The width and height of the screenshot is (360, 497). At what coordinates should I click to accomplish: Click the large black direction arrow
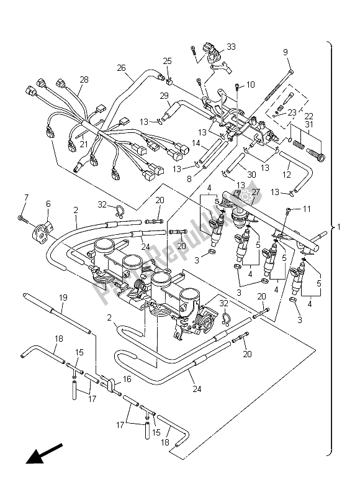click(x=44, y=453)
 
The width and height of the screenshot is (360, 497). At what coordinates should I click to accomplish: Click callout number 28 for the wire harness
click(x=83, y=80)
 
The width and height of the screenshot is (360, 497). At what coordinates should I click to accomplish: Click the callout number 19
click(x=63, y=298)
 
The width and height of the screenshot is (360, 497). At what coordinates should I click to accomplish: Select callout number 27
click(x=255, y=193)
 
